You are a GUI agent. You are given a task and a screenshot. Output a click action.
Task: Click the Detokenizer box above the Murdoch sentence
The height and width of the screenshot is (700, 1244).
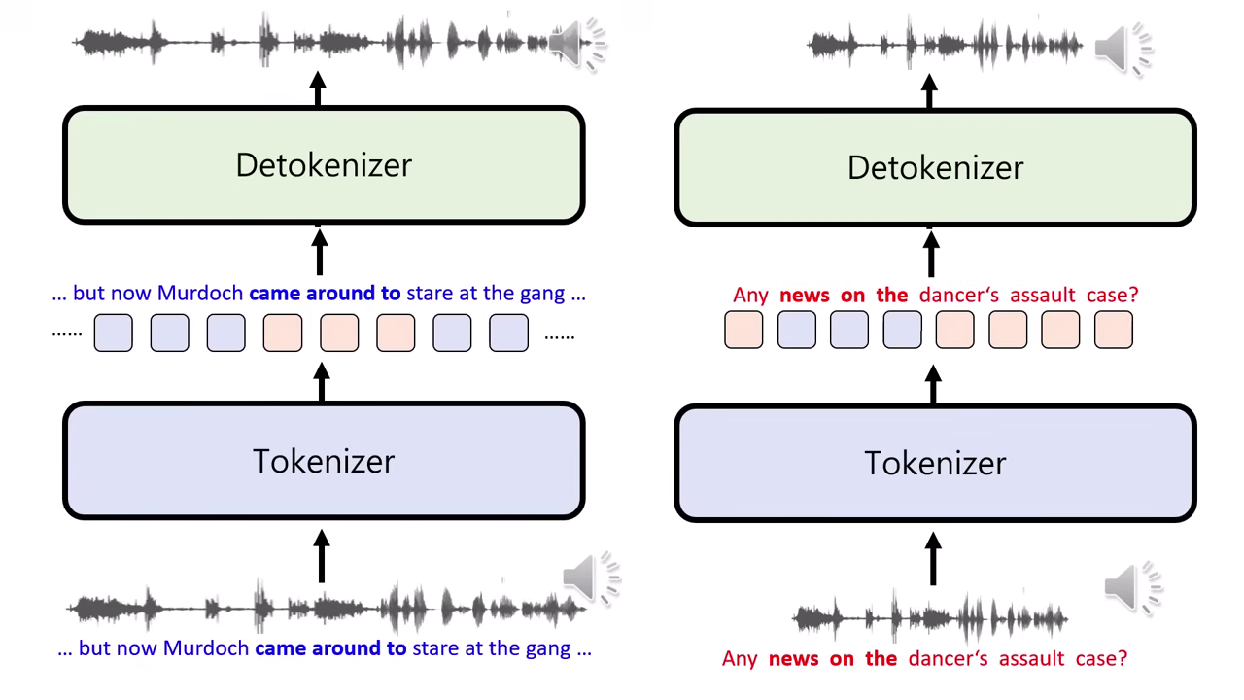pyautogui.click(x=324, y=165)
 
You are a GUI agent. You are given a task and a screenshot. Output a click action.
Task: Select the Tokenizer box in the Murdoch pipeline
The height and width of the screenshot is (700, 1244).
pyautogui.click(x=324, y=461)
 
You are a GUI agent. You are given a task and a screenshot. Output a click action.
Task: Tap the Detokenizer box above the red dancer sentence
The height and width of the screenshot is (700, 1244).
pyautogui.click(x=935, y=168)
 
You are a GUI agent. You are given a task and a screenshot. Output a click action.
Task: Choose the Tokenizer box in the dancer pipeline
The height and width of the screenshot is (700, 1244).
pyautogui.click(x=935, y=464)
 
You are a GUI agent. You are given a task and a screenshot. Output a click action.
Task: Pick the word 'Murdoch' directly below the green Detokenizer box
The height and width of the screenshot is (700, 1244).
pyautogui.click(x=200, y=293)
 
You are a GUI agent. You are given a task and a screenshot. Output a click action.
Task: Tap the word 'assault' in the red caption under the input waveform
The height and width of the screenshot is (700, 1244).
pyautogui.click(x=1014, y=659)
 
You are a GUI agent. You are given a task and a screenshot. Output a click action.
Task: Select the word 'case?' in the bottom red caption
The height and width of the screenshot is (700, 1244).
pyautogui.click(x=1101, y=659)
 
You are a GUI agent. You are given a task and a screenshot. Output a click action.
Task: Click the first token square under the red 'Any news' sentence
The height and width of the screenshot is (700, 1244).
pyautogui.click(x=743, y=331)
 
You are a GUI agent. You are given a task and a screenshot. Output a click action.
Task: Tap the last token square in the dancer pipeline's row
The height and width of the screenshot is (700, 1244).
pyautogui.click(x=1113, y=331)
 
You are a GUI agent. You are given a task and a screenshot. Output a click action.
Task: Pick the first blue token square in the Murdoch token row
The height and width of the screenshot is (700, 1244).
pyautogui.click(x=114, y=333)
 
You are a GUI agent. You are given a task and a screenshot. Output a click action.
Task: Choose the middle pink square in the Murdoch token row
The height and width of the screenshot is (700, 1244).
pyautogui.click(x=339, y=333)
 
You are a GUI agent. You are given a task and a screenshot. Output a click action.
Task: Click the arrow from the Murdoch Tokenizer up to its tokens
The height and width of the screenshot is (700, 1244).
pyautogui.click(x=322, y=382)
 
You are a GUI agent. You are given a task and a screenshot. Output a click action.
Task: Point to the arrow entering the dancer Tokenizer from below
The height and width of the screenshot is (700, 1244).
pyautogui.click(x=933, y=558)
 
